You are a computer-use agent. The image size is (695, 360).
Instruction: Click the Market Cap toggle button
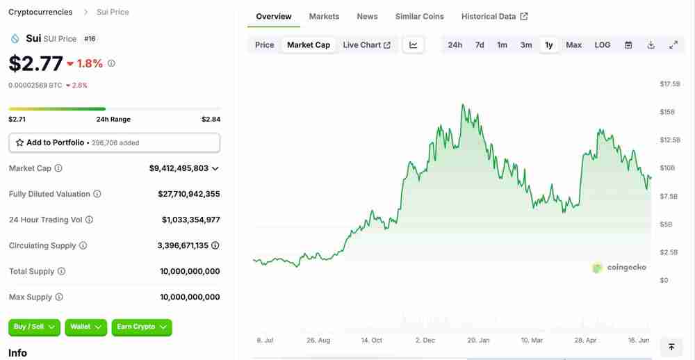[309, 45]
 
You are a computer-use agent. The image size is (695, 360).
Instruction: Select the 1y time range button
[549, 45]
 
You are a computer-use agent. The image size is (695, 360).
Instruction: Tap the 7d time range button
[480, 45]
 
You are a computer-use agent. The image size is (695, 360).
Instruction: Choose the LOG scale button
[603, 45]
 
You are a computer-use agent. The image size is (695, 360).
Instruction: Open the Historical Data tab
[494, 17]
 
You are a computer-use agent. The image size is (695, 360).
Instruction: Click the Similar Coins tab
[420, 17]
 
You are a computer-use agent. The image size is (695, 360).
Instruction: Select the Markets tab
[324, 17]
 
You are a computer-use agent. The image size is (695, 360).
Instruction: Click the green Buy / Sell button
[35, 327]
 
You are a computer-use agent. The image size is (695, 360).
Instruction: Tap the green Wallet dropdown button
[86, 327]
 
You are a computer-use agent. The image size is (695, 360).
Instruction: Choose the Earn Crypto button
[142, 327]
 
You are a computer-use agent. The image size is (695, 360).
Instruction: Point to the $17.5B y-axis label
[670, 84]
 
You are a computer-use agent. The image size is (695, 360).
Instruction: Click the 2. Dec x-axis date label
[425, 341]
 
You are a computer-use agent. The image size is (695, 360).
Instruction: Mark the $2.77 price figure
[35, 63]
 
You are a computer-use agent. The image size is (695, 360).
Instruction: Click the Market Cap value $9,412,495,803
[179, 168]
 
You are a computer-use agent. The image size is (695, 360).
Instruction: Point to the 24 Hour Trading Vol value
[190, 220]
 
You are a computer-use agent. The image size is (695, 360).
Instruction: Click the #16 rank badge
[90, 39]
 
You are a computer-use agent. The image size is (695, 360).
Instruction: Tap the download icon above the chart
[651, 45]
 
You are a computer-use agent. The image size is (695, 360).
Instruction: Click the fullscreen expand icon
[673, 45]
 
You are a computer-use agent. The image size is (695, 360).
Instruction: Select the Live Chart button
[366, 45]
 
